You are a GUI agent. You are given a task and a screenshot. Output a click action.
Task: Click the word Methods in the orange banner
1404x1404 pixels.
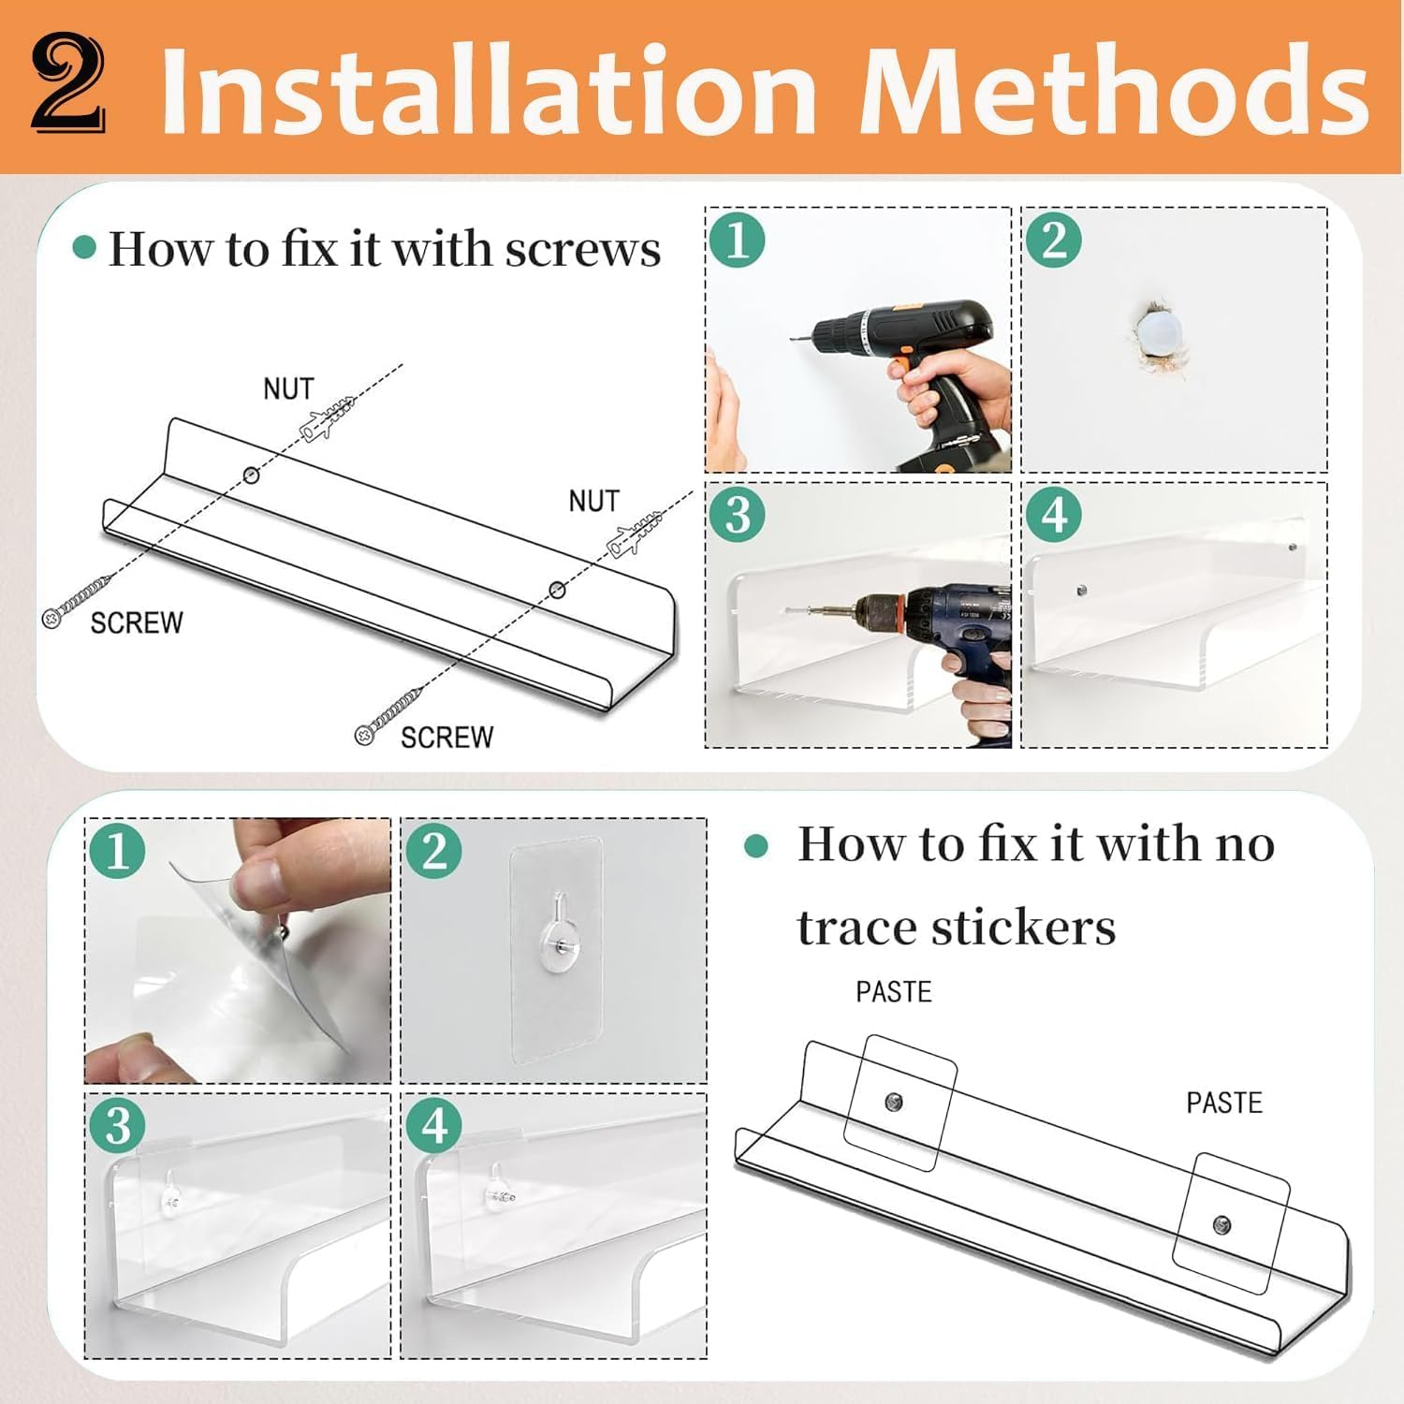pyautogui.click(x=1115, y=91)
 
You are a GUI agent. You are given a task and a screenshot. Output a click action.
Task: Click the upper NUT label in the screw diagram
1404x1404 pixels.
pyautogui.click(x=288, y=388)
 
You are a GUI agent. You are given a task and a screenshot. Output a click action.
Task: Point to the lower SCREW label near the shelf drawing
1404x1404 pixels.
pyautogui.click(x=446, y=738)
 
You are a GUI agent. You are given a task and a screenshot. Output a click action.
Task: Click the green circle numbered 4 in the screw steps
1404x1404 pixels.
pyautogui.click(x=1054, y=515)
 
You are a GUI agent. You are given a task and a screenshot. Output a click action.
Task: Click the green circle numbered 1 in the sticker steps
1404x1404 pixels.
pyautogui.click(x=117, y=852)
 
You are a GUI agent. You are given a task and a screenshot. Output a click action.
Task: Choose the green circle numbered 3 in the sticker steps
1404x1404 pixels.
pyautogui.click(x=117, y=1125)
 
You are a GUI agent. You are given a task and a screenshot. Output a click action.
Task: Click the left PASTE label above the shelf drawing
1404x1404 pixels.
pyautogui.click(x=894, y=992)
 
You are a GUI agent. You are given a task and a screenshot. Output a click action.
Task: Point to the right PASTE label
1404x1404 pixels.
pyautogui.click(x=1224, y=1103)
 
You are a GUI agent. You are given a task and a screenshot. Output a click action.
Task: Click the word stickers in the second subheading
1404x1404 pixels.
pyautogui.click(x=957, y=928)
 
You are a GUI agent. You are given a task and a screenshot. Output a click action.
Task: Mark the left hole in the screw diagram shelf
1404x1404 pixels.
pyautogui.click(x=251, y=475)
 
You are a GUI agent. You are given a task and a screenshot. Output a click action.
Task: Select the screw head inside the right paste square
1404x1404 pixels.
pyautogui.click(x=1221, y=1224)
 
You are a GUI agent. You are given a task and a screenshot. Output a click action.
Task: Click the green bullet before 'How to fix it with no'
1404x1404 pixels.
pyautogui.click(x=755, y=847)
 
